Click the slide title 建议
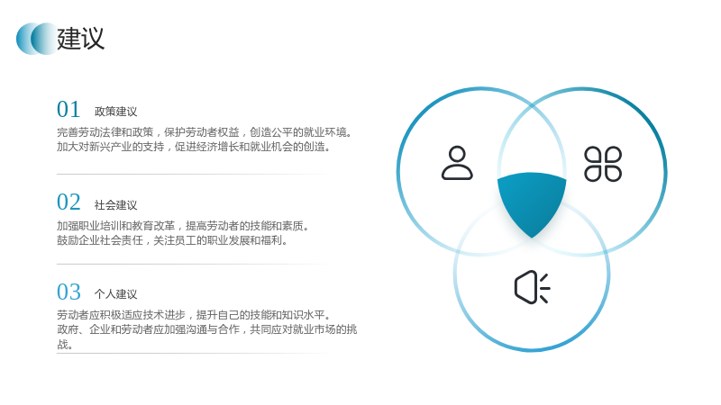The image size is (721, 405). (80, 39)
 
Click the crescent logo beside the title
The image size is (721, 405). (36, 39)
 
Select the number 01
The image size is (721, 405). (68, 109)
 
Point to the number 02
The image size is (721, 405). (68, 202)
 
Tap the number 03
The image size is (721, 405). (68, 292)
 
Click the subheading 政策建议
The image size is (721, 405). (116, 112)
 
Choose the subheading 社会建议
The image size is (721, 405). (116, 205)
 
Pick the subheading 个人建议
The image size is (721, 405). (116, 294)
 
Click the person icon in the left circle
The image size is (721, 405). (457, 163)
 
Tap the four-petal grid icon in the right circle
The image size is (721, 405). (603, 164)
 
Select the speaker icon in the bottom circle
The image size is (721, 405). (532, 287)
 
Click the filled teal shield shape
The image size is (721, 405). (532, 202)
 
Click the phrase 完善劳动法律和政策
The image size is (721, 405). (105, 132)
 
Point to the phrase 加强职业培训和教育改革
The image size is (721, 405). (116, 226)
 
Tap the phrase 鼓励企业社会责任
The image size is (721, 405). (100, 240)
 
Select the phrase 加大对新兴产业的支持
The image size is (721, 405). (110, 147)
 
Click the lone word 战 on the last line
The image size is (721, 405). (62, 345)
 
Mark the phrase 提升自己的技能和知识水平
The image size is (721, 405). (260, 315)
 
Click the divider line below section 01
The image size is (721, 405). (193, 174)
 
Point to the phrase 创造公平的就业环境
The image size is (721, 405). (298, 132)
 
